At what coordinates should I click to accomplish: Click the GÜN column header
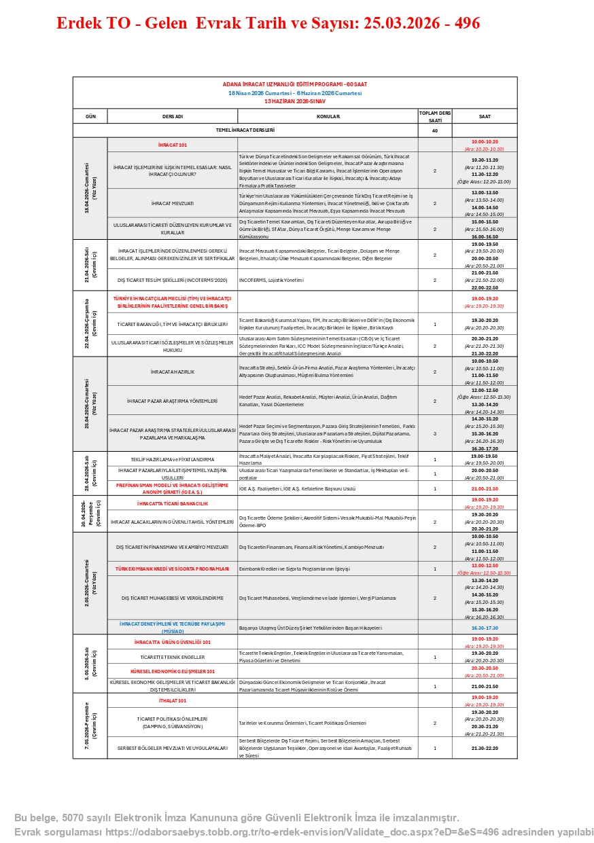[x=90, y=116]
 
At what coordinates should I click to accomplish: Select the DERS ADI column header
[x=173, y=116]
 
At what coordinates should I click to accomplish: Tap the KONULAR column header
[x=328, y=116]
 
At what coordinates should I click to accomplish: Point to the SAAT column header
[x=485, y=116]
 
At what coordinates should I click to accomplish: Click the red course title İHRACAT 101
[x=173, y=145]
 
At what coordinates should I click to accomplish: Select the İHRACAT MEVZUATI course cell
[x=173, y=203]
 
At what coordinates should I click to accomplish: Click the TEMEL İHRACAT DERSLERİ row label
[x=245, y=130]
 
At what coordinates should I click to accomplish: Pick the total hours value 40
[x=435, y=130]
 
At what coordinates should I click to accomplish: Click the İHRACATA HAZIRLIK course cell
[x=173, y=372]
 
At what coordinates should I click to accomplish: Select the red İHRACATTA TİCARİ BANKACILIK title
[x=173, y=503]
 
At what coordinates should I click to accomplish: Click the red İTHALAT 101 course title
[x=173, y=700]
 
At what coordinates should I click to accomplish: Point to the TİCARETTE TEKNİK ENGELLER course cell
[x=173, y=658]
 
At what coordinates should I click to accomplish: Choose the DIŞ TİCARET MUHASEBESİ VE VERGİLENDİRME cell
[x=173, y=598]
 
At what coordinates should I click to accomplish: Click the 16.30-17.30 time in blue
[x=485, y=628]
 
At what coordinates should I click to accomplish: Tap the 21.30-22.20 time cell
[x=485, y=748]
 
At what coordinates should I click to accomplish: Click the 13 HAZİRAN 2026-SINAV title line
[x=295, y=101]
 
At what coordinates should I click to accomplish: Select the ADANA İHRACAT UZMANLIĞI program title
[x=295, y=84]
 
